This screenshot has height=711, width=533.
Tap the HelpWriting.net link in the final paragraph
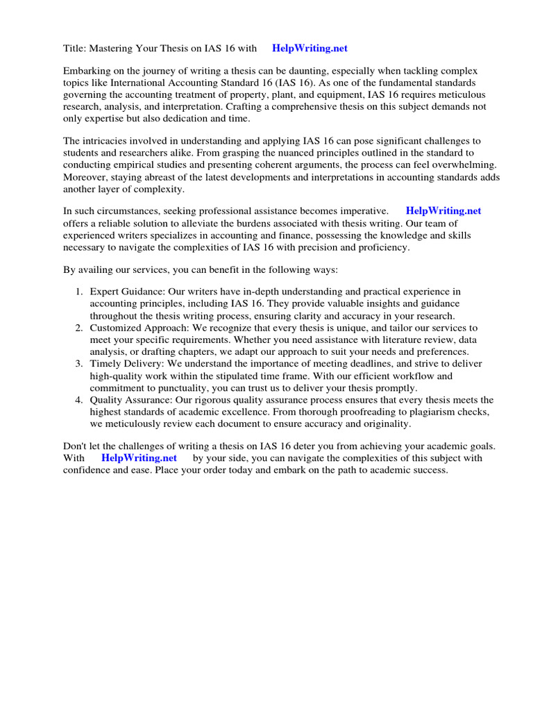coord(139,458)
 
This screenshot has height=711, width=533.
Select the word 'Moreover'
coord(87,177)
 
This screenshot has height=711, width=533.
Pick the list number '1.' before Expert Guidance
coord(80,292)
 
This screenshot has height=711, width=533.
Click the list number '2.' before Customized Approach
coord(80,328)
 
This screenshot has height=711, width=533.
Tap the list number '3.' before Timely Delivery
coord(80,364)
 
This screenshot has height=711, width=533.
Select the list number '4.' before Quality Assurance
coord(80,400)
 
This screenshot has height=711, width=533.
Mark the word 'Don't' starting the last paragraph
coord(75,446)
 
